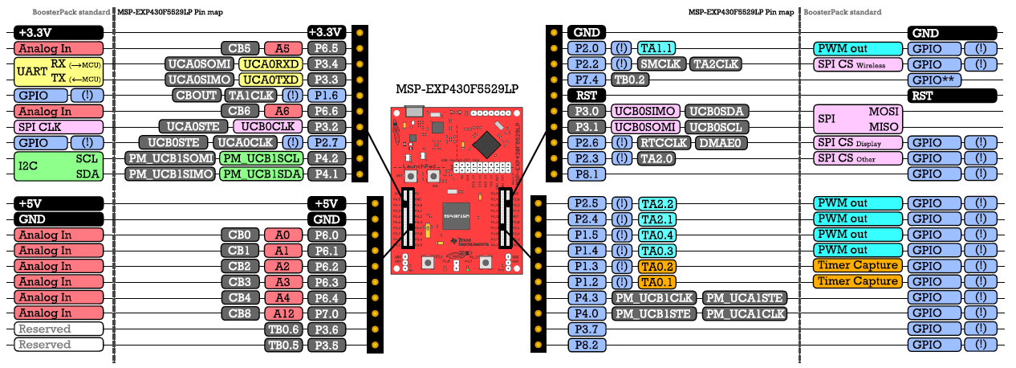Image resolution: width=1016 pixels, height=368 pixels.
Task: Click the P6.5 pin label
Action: (326, 48)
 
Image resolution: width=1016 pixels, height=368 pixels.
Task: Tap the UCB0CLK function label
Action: (268, 127)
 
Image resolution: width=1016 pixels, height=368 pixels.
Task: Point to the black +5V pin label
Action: (326, 203)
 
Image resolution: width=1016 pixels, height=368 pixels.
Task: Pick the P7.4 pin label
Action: (587, 80)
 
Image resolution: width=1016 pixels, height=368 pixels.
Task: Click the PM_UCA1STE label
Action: (745, 298)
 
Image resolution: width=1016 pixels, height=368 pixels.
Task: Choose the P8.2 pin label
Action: (587, 345)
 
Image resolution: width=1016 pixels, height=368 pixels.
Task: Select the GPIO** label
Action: (933, 80)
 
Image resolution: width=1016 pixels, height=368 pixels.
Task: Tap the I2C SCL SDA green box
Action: (58, 166)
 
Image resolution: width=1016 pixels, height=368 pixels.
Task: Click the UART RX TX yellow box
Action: (58, 72)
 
